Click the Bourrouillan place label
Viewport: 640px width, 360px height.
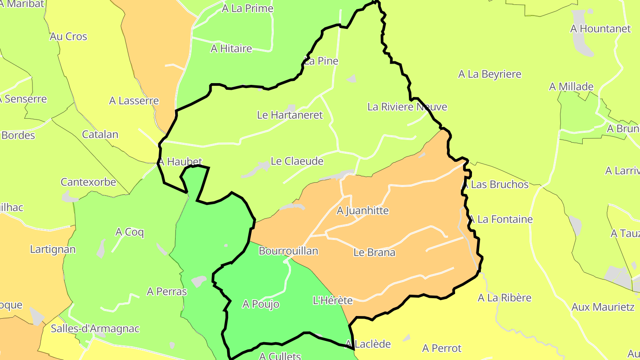point(288,251)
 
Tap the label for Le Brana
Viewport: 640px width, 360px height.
point(374,252)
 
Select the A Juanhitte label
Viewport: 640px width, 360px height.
point(363,211)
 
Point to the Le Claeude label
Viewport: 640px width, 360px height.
point(297,161)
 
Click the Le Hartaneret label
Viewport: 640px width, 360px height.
point(290,115)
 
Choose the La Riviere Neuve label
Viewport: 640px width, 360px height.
point(407,107)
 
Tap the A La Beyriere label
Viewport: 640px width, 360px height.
point(490,74)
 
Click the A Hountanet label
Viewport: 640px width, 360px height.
point(600,29)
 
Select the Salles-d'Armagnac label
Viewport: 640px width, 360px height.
point(95,329)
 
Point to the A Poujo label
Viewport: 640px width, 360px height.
point(261,304)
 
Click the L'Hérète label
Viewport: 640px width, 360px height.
point(333,300)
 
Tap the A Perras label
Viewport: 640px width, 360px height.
point(167,292)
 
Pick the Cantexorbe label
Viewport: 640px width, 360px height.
point(88,182)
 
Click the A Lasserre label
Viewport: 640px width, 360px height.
point(134,101)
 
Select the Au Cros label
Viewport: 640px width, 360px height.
point(68,36)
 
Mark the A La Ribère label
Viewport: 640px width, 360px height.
point(504,298)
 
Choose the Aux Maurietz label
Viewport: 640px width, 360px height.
point(603,307)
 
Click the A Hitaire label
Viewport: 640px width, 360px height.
point(231,48)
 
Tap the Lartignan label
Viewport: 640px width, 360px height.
point(53,249)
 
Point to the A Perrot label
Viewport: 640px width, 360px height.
point(442,348)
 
